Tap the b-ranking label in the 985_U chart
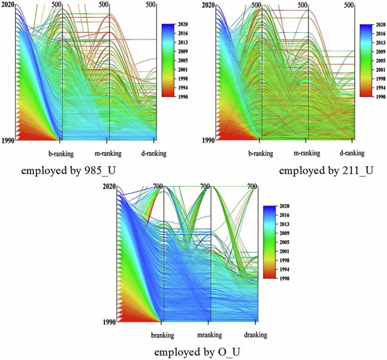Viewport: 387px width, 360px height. (62, 153)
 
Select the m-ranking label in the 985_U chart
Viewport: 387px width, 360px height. (109, 153)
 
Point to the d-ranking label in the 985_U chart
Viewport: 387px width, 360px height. (154, 153)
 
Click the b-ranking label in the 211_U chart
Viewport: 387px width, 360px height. (260, 153)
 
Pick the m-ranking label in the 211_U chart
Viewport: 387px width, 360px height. (307, 153)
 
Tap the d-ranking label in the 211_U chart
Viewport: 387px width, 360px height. (353, 153)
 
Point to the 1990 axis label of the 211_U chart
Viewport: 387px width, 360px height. (207, 140)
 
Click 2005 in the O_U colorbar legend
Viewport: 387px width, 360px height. (284, 242)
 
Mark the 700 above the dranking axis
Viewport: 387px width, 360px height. (253, 186)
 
